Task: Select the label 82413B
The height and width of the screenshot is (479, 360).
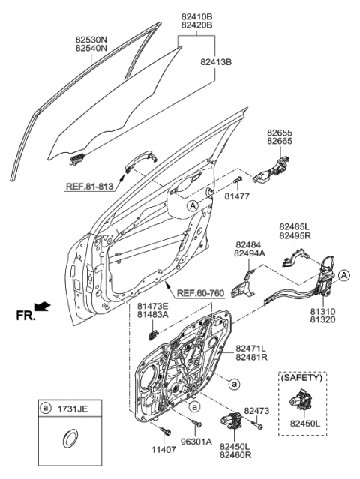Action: (x=217, y=61)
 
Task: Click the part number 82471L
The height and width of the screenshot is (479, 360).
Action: (x=252, y=349)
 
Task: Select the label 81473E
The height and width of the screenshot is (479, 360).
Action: (x=152, y=307)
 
